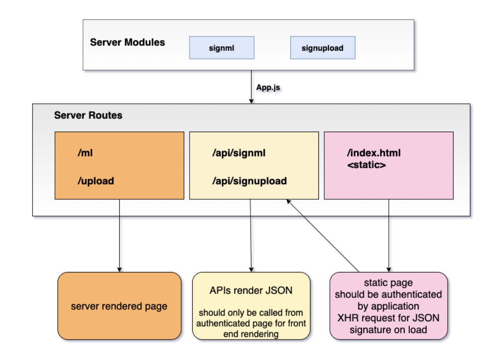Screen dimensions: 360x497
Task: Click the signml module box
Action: pyautogui.click(x=221, y=48)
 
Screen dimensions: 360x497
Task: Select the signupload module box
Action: pyautogui.click(x=322, y=48)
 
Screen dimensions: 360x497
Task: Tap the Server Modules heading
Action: pyautogui.click(x=128, y=43)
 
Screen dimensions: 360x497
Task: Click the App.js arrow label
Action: pyautogui.click(x=268, y=87)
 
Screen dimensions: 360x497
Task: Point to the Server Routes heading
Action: pyautogui.click(x=88, y=116)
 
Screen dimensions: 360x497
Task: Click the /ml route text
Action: pyautogui.click(x=85, y=153)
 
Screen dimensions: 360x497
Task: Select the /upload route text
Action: pyautogui.click(x=95, y=181)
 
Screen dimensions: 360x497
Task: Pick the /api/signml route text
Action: pyautogui.click(x=239, y=153)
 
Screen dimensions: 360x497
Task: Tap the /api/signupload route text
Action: pyautogui.click(x=249, y=181)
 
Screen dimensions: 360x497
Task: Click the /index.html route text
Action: pyautogui.click(x=374, y=153)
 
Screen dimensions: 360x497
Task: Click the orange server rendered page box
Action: pyautogui.click(x=119, y=306)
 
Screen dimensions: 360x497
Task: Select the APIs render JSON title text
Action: pyautogui.click(x=251, y=290)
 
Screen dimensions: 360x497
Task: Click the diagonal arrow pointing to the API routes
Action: pyautogui.click(x=323, y=235)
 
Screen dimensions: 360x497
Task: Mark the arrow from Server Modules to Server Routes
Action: pyautogui.click(x=251, y=87)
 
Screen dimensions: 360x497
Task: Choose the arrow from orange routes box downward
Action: pyautogui.click(x=119, y=235)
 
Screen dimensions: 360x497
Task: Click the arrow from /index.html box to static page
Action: pyautogui.click(x=388, y=235)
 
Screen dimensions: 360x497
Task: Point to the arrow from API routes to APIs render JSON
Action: pyautogui.click(x=251, y=235)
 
